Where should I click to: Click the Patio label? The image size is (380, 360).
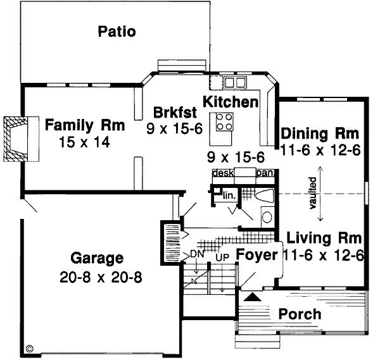click(117, 32)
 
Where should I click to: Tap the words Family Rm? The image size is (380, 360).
click(84, 125)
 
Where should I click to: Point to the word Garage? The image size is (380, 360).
click(96, 258)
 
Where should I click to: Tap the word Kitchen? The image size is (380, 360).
click(230, 101)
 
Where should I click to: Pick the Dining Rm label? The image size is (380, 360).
click(320, 134)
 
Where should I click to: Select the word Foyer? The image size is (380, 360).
click(257, 256)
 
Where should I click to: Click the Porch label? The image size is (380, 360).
click(299, 314)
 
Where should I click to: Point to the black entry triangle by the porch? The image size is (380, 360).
click(251, 296)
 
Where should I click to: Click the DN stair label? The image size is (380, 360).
click(196, 254)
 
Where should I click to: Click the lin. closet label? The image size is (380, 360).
click(229, 197)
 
